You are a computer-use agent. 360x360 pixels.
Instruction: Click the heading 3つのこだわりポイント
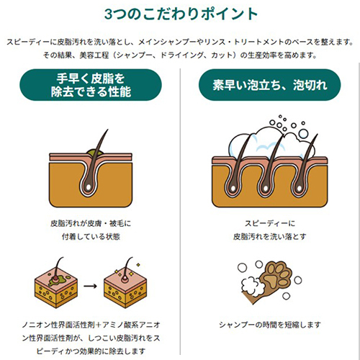click(x=180, y=13)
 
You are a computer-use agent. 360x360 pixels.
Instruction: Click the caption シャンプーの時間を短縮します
click(x=269, y=325)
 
